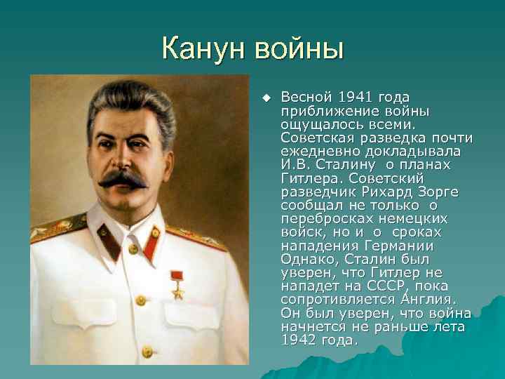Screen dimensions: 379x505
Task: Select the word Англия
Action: coord(429,299)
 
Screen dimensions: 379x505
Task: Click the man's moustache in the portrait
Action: coord(123,178)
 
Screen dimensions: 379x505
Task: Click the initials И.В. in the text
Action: coord(295,164)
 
